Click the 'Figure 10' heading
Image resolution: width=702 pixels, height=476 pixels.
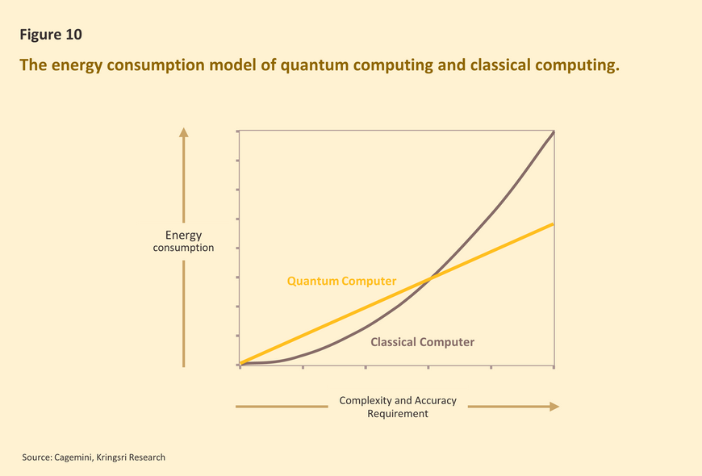[51, 35]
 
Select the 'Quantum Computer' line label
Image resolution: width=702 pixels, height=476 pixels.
[341, 282]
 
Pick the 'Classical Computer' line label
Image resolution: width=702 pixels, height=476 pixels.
[422, 342]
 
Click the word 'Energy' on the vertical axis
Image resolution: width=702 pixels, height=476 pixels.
[183, 236]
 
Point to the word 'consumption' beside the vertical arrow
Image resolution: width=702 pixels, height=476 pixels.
[183, 248]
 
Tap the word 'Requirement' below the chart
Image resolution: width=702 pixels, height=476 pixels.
[398, 413]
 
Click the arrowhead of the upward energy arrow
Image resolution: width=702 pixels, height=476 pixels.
[183, 132]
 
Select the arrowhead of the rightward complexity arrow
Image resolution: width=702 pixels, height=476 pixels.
[554, 407]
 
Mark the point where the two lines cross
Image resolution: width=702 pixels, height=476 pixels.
[429, 279]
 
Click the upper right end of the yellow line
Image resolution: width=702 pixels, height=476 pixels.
[554, 224]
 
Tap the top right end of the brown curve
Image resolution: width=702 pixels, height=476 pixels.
[554, 132]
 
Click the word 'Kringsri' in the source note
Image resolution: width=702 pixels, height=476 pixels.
[111, 457]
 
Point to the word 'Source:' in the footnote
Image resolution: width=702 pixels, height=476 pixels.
[37, 457]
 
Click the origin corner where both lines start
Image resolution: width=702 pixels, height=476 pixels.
[240, 364]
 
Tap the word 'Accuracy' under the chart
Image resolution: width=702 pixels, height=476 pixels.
[436, 401]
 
